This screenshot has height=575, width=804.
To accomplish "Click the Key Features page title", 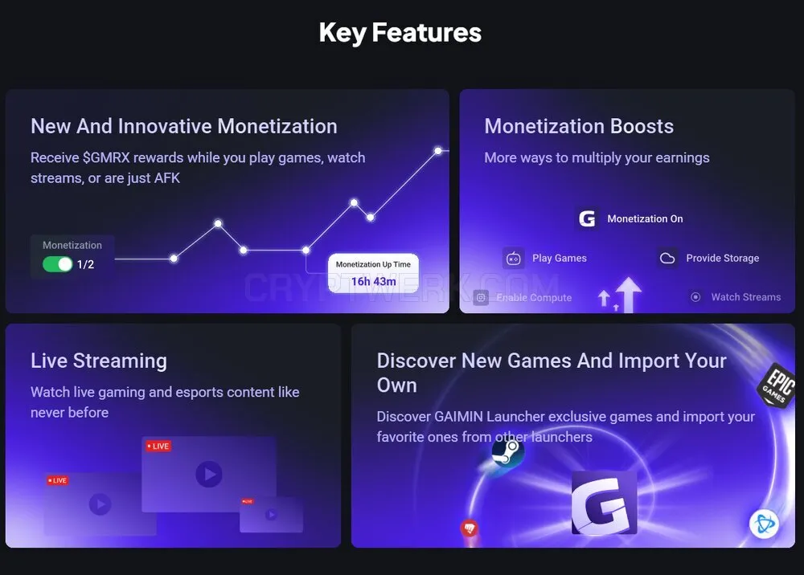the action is pyautogui.click(x=400, y=33).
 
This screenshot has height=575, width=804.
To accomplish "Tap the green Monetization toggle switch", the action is pyautogui.click(x=57, y=264).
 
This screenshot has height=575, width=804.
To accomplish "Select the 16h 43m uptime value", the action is pyautogui.click(x=373, y=282).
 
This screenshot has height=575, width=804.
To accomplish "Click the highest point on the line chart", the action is pyautogui.click(x=438, y=150).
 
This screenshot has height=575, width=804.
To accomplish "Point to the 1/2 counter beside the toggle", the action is pyautogui.click(x=86, y=264).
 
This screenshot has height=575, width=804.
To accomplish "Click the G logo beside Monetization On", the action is pyautogui.click(x=587, y=218).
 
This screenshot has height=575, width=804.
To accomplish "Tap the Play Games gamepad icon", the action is pyautogui.click(x=513, y=258).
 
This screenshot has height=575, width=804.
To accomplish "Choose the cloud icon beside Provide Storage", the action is pyautogui.click(x=667, y=258).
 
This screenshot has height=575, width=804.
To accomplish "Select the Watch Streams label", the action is pyautogui.click(x=746, y=297).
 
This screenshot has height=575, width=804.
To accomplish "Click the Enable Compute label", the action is pyautogui.click(x=534, y=297).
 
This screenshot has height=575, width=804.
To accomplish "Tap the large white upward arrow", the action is pyautogui.click(x=629, y=295).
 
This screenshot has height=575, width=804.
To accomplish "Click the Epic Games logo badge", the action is pyautogui.click(x=777, y=385).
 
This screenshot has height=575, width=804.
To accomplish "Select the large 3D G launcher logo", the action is pyautogui.click(x=604, y=504).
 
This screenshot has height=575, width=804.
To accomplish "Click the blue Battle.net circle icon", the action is pyautogui.click(x=764, y=524).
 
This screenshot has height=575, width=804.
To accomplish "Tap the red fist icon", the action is pyautogui.click(x=470, y=528).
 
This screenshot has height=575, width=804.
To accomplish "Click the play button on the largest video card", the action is pyautogui.click(x=209, y=474).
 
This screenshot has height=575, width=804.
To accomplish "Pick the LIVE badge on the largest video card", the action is pyautogui.click(x=158, y=446).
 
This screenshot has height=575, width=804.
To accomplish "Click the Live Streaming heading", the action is pyautogui.click(x=99, y=361).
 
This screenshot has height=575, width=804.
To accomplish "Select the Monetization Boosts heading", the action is pyautogui.click(x=579, y=126).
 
